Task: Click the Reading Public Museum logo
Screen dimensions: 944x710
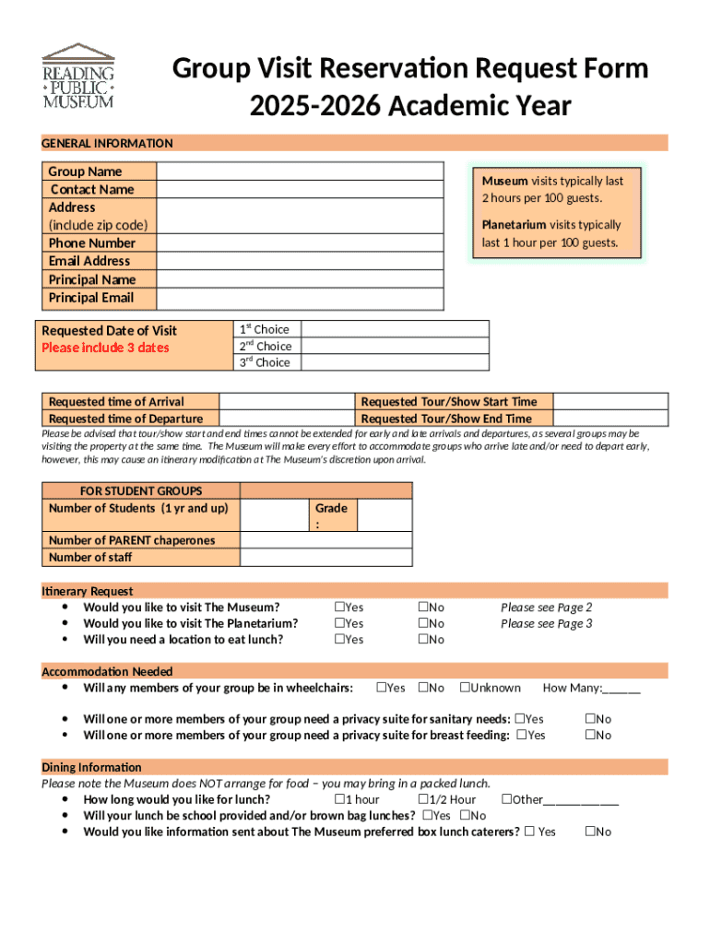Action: tap(78, 76)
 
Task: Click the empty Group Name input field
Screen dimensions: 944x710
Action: tap(300, 171)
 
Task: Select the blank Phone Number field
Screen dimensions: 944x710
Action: tap(300, 243)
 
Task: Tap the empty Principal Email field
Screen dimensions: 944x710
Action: tap(300, 298)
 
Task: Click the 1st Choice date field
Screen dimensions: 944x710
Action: tap(394, 329)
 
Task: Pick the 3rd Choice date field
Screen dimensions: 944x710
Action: tap(394, 362)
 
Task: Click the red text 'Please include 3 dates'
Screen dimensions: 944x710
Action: tap(105, 348)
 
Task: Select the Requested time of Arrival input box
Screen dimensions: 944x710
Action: tap(287, 401)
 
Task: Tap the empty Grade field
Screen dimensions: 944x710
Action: tap(385, 515)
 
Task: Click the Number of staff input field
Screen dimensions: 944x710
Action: tap(325, 557)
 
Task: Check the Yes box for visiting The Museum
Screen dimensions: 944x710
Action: tap(339, 607)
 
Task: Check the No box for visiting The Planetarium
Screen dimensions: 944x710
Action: tap(422, 623)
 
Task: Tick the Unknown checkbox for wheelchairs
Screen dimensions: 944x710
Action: tap(465, 687)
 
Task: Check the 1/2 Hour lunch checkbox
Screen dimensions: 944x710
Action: tap(422, 799)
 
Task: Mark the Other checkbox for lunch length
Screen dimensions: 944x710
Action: tap(506, 799)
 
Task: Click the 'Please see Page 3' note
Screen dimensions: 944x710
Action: tap(546, 623)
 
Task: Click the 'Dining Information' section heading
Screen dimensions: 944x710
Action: tap(91, 767)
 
